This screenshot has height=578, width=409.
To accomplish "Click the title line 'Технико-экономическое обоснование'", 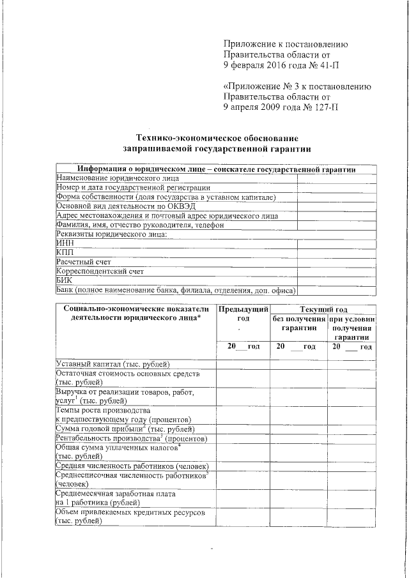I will coord(217,138).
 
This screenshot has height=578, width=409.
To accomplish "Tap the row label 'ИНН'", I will coord(65,243).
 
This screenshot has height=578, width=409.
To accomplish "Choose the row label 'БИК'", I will coord(65,280).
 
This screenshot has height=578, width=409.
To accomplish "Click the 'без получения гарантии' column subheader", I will coord(298,323).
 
